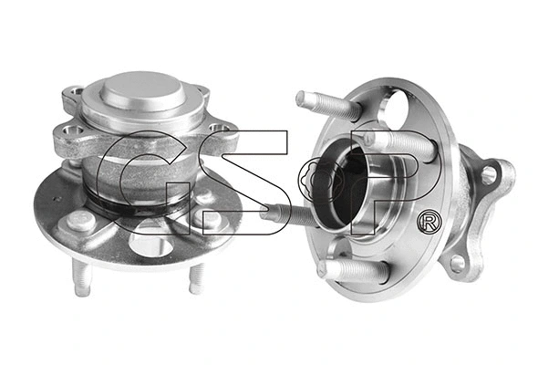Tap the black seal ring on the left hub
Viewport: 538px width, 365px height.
coord(137,208)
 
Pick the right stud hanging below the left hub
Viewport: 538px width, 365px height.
coord(195,277)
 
